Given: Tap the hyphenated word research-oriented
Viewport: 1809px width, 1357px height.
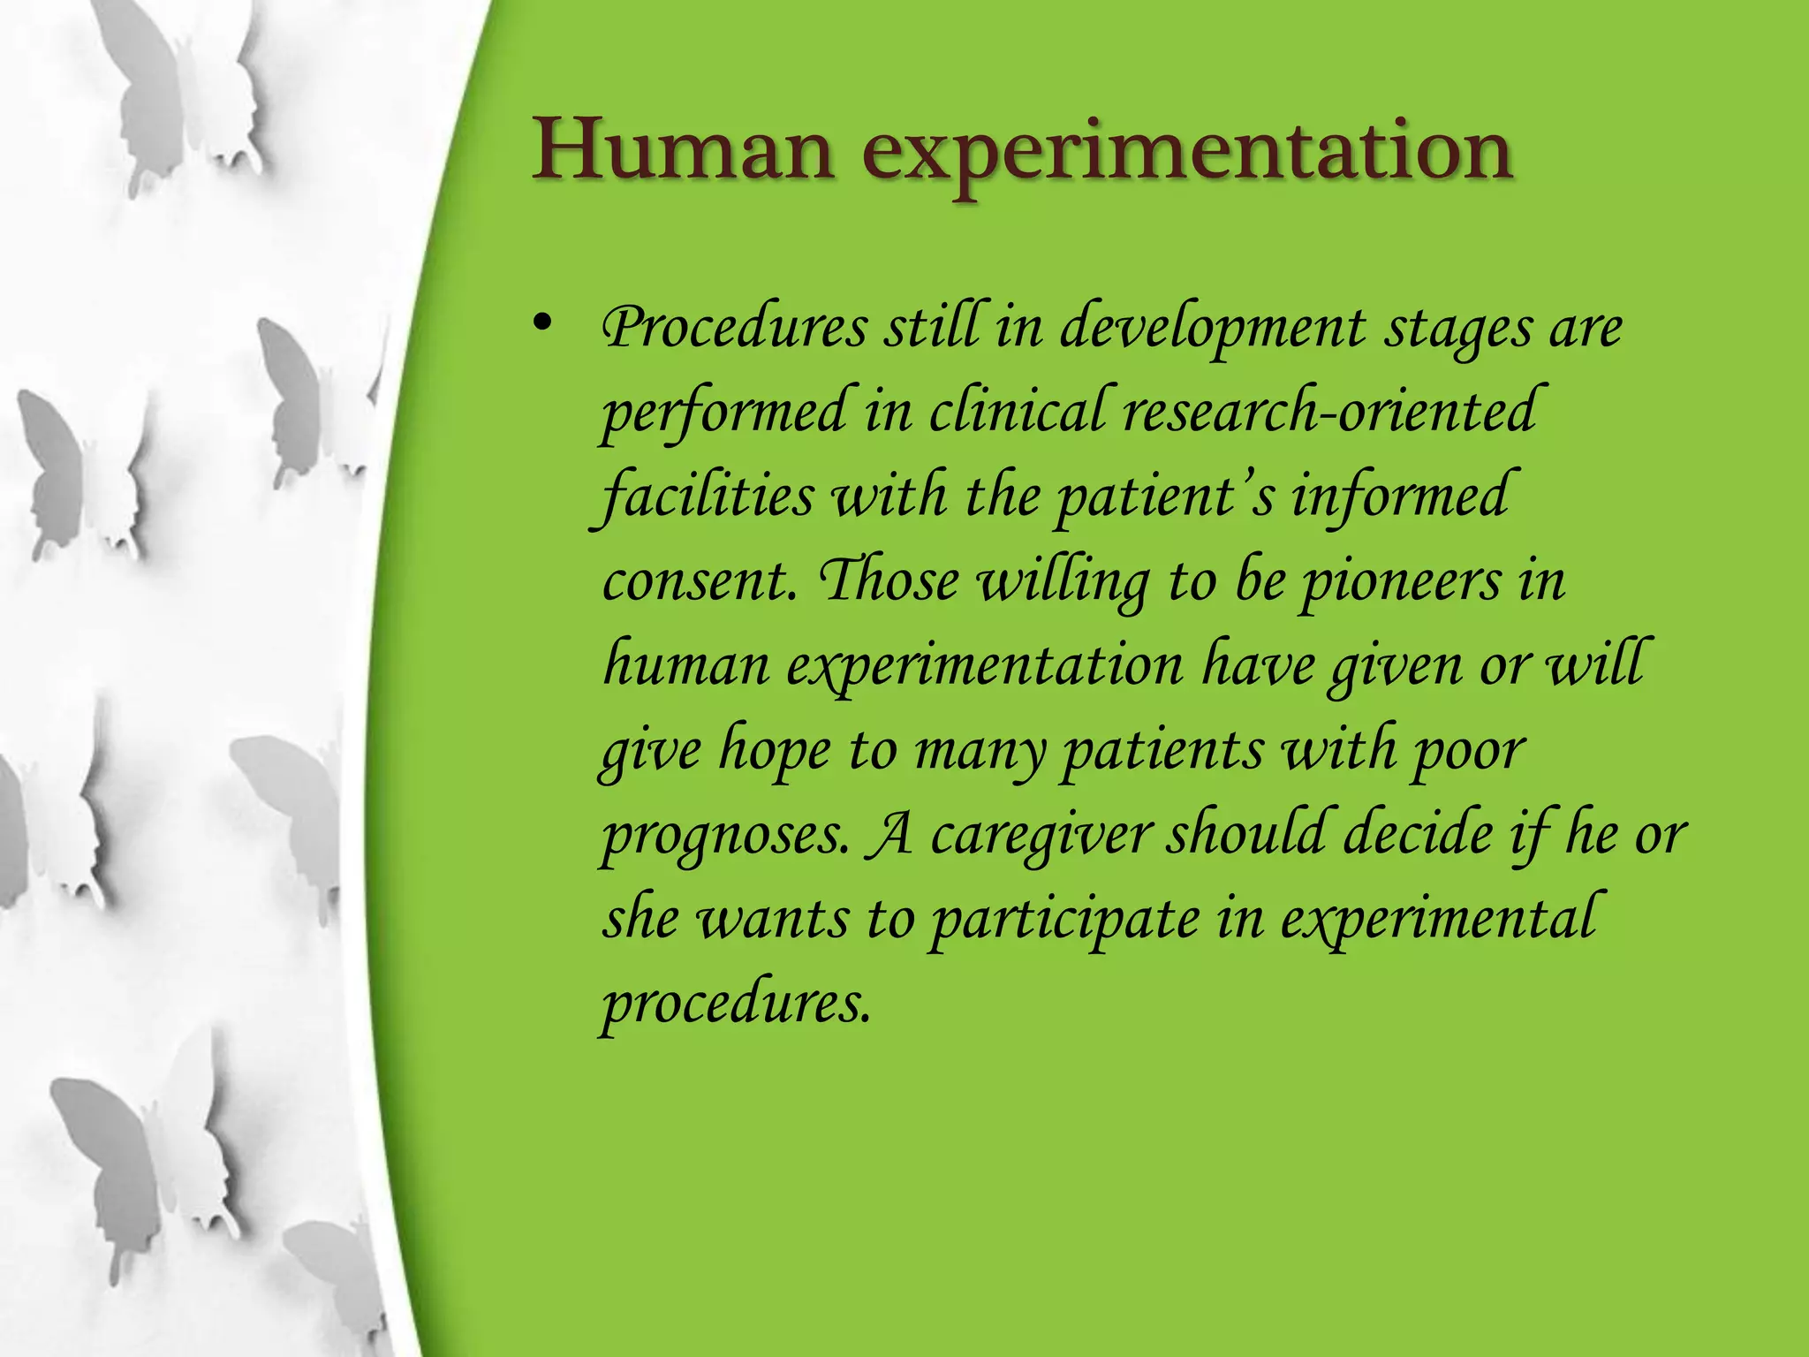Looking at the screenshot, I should [x=1329, y=412].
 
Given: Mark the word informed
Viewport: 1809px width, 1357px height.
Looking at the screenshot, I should [x=1400, y=495].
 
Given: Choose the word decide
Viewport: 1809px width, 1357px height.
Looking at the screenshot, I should [x=1418, y=834].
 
